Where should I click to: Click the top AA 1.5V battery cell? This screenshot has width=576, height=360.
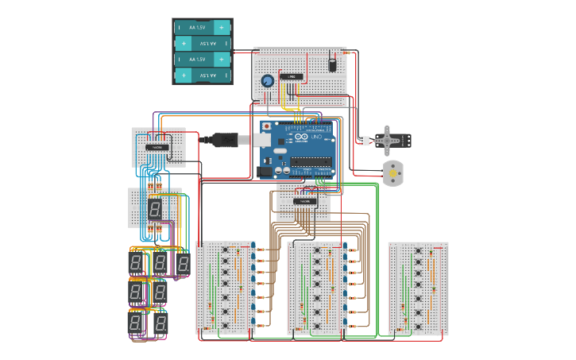(x=202, y=27)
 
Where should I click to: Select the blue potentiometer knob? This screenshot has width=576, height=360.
(x=267, y=80)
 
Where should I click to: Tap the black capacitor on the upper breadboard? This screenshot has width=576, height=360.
(x=332, y=63)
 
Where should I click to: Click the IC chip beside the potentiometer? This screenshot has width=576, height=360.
(x=292, y=76)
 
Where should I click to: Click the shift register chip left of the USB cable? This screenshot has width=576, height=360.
(x=157, y=147)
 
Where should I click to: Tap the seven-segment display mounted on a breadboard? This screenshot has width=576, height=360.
(x=155, y=209)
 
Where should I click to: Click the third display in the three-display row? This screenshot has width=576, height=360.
(x=183, y=263)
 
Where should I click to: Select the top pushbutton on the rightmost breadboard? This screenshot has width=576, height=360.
(x=418, y=251)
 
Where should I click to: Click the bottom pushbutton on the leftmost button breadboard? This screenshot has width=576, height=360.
(x=226, y=324)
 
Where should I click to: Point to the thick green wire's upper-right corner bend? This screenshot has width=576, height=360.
(x=377, y=184)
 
